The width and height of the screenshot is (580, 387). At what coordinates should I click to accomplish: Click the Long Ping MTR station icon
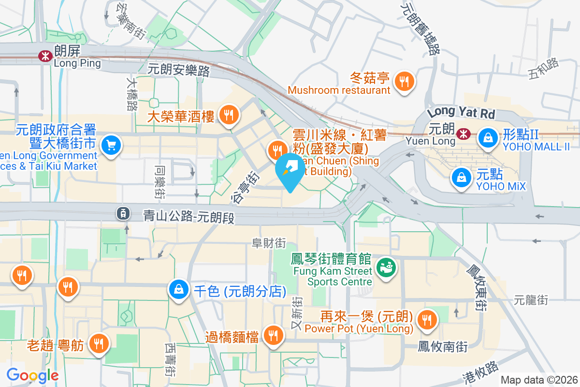click(x=45, y=56)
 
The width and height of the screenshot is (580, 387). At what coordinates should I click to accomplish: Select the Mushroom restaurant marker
click(x=404, y=81)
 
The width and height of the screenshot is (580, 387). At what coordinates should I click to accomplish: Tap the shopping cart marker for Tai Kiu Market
click(x=112, y=145)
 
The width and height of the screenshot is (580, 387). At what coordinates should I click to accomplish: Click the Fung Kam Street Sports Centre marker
click(x=386, y=267)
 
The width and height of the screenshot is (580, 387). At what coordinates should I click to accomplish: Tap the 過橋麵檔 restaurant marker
click(x=274, y=334)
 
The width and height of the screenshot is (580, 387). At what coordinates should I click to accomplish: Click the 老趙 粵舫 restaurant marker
click(x=100, y=343)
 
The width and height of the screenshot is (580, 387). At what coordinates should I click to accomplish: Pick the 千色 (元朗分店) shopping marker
click(x=179, y=290)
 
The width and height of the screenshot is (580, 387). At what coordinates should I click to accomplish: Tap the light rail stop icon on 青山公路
click(x=123, y=212)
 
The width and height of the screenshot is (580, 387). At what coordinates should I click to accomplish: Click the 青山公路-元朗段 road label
click(x=189, y=217)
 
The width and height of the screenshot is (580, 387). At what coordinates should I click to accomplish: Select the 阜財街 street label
click(x=269, y=243)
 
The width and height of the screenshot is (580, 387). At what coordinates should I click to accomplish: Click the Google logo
click(x=32, y=375)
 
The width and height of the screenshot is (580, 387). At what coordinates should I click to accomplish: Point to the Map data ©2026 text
click(x=538, y=380)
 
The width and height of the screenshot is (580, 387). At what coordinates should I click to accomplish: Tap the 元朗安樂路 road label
click(x=179, y=71)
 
